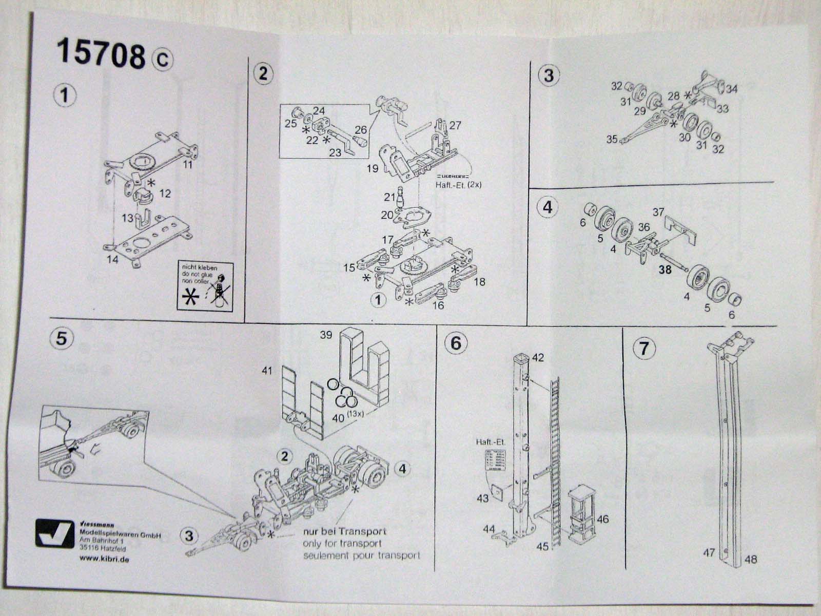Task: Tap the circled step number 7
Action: tap(644, 349)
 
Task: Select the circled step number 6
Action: tap(456, 342)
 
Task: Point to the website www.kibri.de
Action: tap(105, 559)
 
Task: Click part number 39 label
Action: tap(326, 335)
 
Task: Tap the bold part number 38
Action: tap(665, 269)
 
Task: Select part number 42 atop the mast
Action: tap(538, 357)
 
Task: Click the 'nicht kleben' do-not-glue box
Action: tap(205, 285)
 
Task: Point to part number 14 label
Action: tap(112, 259)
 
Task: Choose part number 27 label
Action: tap(455, 126)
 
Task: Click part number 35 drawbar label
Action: tap(612, 139)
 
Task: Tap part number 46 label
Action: tap(602, 519)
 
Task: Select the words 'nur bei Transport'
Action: tap(344, 532)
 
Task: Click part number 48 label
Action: tap(750, 560)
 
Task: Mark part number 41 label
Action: tap(267, 370)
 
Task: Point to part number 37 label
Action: tap(658, 212)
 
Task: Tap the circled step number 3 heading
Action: tap(549, 75)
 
